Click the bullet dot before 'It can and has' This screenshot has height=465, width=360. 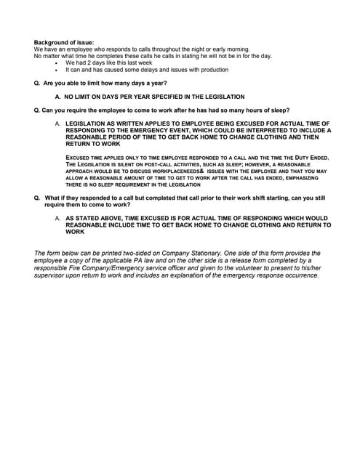(x=57, y=70)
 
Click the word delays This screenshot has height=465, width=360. (x=137, y=70)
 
